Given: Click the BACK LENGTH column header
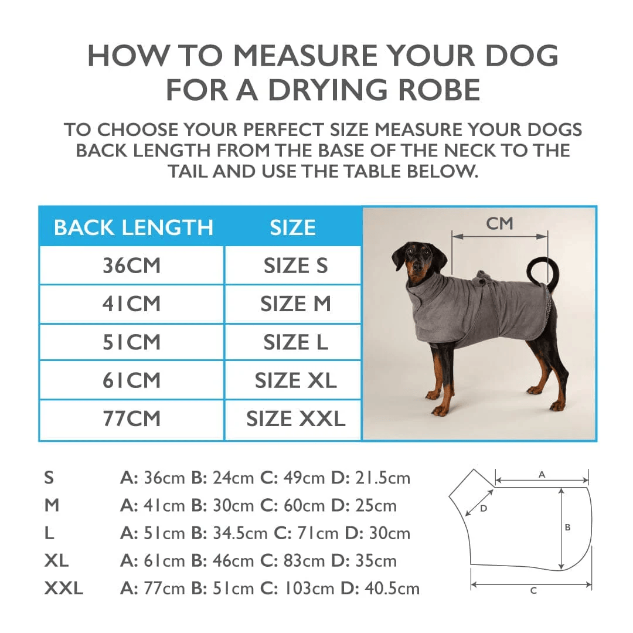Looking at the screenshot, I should [133, 227].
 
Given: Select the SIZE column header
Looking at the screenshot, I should [292, 227].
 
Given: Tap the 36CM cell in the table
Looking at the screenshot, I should [131, 266].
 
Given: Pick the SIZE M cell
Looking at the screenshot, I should [295, 304].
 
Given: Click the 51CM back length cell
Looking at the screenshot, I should [131, 342].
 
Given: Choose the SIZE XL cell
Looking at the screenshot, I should [295, 380].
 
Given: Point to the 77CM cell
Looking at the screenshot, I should [131, 419].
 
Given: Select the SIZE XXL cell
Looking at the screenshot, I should [295, 419].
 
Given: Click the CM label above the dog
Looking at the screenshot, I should [499, 223].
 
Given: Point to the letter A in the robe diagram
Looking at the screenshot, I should [542, 474].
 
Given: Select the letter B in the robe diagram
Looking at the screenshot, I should [567, 527].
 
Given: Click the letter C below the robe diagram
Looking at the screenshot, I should [533, 591].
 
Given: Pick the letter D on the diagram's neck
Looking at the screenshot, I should [484, 509].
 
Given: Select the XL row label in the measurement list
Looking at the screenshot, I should [56, 560].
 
